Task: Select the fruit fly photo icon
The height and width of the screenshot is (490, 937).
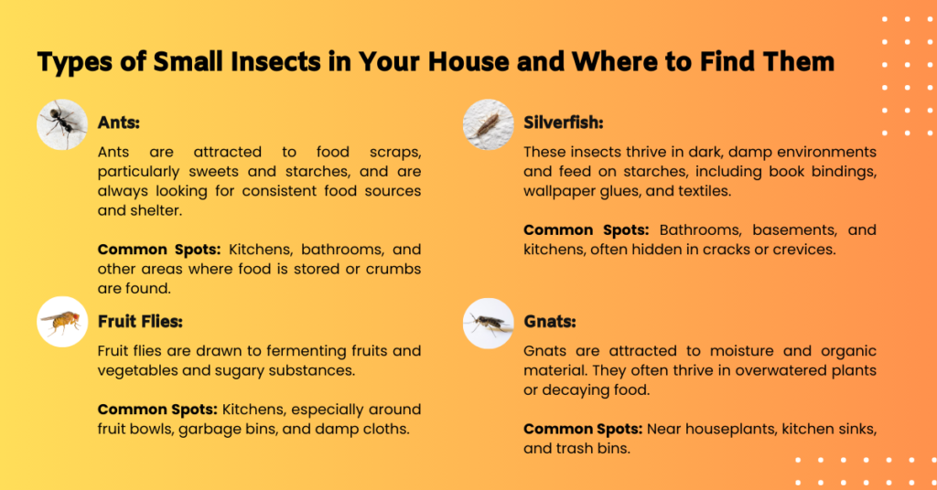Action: pyautogui.click(x=62, y=322)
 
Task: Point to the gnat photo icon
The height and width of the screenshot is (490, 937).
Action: pyautogui.click(x=489, y=322)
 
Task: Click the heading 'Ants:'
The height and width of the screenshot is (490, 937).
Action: pyautogui.click(x=118, y=122)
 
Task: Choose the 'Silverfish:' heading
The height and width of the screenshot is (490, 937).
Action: pyautogui.click(x=564, y=122)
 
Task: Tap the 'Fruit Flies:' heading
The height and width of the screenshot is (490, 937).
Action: pyautogui.click(x=142, y=322)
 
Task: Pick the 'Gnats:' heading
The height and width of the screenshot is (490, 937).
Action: pyautogui.click(x=549, y=322)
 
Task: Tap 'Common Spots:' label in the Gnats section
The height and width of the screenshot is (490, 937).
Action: pyautogui.click(x=583, y=428)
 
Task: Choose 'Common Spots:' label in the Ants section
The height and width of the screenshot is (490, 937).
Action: pyautogui.click(x=157, y=250)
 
